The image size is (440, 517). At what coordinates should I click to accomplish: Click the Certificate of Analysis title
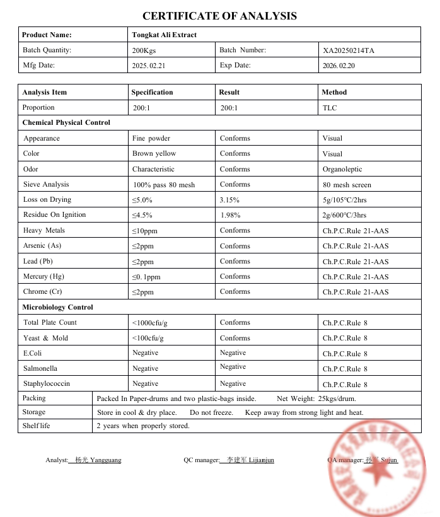(x=219, y=16)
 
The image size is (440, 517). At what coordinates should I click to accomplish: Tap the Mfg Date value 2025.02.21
(x=149, y=66)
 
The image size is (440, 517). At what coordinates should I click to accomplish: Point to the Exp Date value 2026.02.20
(x=339, y=66)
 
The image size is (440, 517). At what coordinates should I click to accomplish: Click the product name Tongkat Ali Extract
(x=164, y=35)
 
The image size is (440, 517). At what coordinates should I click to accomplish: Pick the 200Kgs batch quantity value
(x=145, y=50)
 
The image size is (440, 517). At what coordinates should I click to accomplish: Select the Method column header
(x=334, y=92)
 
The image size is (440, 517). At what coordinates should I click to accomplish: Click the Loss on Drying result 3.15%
(x=231, y=200)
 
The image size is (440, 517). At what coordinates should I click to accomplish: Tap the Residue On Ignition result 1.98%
(x=230, y=215)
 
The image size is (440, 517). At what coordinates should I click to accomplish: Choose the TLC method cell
(x=330, y=108)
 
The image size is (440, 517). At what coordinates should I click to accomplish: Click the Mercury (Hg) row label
(x=43, y=276)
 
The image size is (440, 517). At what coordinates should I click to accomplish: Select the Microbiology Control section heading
(x=57, y=307)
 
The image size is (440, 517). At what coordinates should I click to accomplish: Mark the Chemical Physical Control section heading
(x=66, y=122)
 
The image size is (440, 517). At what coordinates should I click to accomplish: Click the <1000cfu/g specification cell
(x=149, y=323)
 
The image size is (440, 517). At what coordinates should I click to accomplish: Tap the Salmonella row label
(x=40, y=368)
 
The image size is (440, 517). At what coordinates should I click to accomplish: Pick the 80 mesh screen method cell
(x=347, y=185)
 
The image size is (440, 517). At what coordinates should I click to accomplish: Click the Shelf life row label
(x=36, y=426)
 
